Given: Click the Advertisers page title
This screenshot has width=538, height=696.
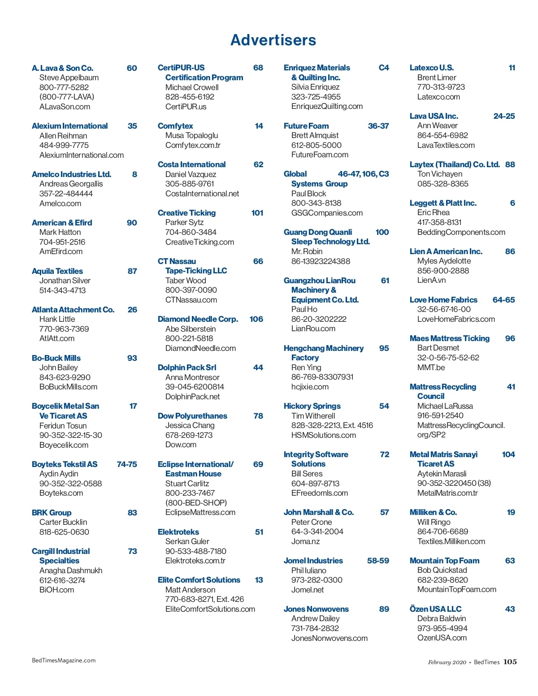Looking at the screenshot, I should coord(273,40).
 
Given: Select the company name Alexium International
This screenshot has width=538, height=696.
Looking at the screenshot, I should coord(69,126).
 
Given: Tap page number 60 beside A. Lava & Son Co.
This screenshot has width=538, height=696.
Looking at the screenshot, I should coord(132,68).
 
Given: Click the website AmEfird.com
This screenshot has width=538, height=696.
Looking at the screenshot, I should coord(61,251).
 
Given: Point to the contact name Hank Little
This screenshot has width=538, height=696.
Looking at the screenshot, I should coord(57,319).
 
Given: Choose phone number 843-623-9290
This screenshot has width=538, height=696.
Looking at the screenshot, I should coord(65,377).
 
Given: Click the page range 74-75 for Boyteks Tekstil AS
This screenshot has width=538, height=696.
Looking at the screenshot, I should coord(127,464).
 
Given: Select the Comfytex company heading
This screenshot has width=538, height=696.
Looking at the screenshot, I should coord(175,126).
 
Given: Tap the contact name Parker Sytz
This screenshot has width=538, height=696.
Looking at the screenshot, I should coord(184,222).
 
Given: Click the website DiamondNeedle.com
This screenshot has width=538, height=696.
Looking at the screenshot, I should coord(200,348).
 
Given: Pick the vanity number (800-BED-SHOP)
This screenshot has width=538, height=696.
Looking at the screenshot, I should coord(196,503).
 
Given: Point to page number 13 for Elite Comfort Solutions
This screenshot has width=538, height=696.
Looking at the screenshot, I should coord(259,580).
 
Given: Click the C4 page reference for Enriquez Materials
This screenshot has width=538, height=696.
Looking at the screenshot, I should coord(384,68).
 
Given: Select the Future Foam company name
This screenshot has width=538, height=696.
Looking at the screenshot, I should coord(306,126).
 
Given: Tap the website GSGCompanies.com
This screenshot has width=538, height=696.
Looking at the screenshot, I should coord(327,213).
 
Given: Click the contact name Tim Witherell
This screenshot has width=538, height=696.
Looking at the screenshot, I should coord(313,416).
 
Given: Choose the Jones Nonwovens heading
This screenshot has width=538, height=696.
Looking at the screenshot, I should coord(316,609).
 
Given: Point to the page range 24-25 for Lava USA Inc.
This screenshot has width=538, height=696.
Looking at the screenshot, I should coord(504,116).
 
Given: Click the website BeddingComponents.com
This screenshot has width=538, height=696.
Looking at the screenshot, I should coord(461,232).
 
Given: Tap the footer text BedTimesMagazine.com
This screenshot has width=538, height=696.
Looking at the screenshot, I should coord(64,660).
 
